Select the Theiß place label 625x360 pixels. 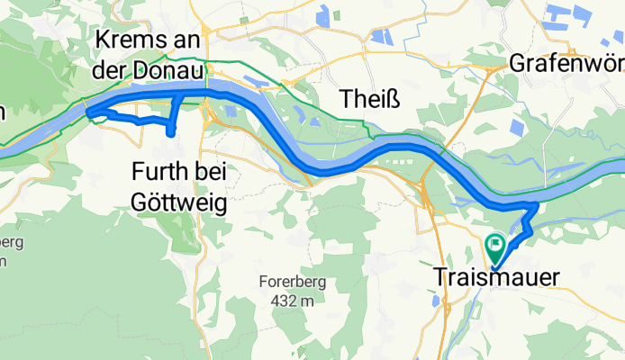tap(363, 97)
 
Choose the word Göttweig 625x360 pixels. tap(178, 201)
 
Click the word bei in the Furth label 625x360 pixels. tap(212, 169)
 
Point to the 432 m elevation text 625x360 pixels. tap(290, 301)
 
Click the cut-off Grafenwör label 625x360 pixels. tap(566, 64)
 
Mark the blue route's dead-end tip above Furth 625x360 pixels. tap(171, 134)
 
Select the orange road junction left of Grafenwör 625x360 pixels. tap(494, 67)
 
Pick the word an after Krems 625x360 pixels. tap(193, 40)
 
